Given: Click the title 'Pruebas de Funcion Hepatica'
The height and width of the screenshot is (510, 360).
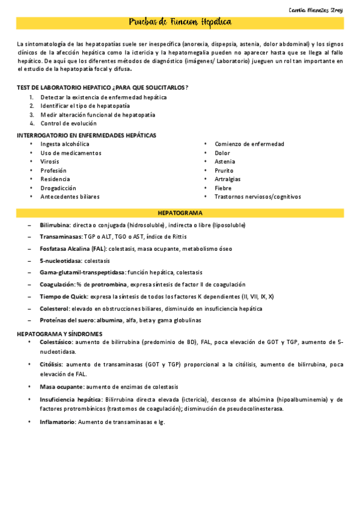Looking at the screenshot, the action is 180,23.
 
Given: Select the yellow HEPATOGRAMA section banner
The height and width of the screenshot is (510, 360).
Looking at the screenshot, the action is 180,213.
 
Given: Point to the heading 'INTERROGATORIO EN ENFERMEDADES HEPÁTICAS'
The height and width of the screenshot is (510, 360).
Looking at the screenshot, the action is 87,135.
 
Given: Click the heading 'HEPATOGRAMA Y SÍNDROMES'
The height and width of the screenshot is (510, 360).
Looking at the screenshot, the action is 59,333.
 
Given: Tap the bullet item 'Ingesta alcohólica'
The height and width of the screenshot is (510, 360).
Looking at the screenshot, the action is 65,144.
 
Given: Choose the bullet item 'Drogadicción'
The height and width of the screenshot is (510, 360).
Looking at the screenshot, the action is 58,188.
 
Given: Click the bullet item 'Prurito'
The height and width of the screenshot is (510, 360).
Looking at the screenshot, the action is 225,171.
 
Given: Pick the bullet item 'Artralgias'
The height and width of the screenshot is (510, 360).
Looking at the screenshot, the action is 228,179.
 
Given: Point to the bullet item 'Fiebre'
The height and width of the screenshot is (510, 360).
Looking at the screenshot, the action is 223,188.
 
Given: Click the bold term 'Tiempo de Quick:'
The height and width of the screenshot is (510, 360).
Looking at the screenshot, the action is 64,296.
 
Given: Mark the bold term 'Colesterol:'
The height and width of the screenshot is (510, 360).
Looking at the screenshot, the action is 56,309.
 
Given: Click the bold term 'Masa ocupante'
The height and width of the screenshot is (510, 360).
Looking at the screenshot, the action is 61,387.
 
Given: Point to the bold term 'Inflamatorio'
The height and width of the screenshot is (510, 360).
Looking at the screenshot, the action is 58,422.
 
